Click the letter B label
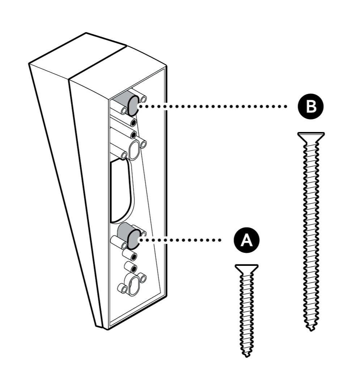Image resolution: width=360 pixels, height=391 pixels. point(311,107)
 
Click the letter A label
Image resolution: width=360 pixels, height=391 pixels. point(246,240)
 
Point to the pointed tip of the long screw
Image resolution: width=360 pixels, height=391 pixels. point(310,328)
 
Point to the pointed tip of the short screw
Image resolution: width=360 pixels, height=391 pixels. point(247,354)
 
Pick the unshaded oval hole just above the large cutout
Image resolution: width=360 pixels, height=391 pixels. point(134,149)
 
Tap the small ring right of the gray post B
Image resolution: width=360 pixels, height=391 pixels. point(143,99)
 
